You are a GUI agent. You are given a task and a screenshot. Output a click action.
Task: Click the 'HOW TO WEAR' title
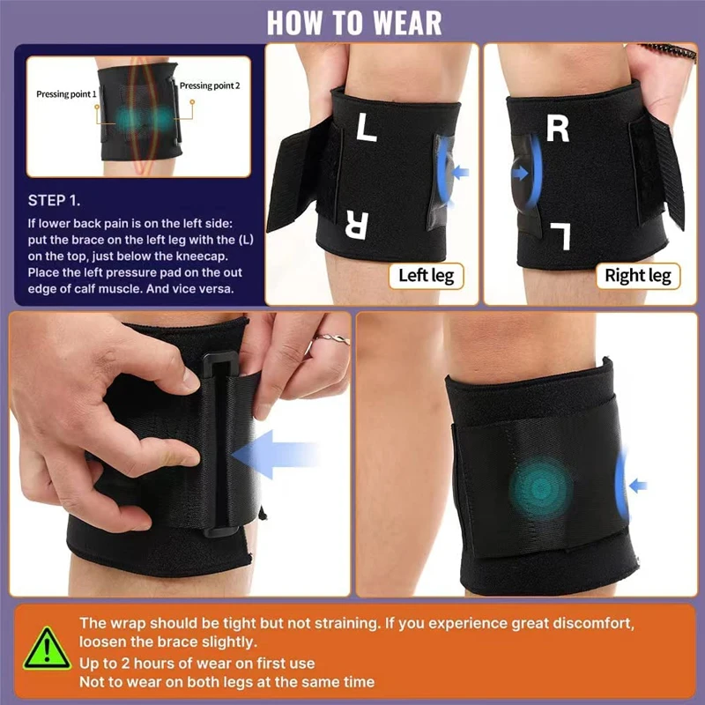[x=353, y=22]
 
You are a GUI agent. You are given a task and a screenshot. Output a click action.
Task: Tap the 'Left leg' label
[x=426, y=276]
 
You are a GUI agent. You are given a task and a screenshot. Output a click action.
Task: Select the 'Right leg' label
[x=637, y=276]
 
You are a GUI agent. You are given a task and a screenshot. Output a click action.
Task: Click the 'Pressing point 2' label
[x=209, y=86]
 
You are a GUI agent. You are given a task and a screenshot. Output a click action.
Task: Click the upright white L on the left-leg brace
[x=367, y=130]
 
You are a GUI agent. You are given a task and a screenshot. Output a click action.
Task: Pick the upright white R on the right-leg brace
[x=558, y=129]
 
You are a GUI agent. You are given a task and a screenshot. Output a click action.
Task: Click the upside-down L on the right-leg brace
[x=560, y=235]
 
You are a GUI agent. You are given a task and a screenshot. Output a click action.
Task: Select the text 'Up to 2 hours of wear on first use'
[x=197, y=663]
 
